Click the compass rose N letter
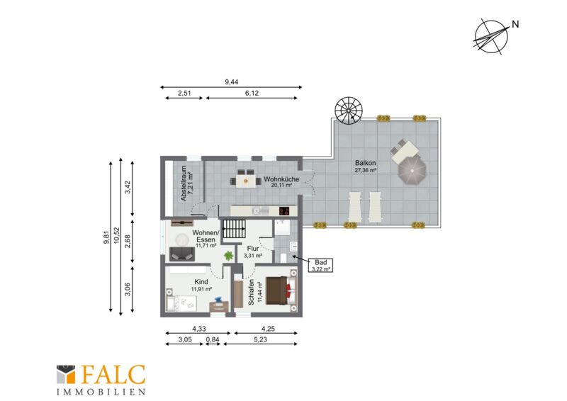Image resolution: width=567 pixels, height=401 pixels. pyautogui.click(x=515, y=24)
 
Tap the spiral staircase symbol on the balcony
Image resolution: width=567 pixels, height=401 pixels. pyautogui.click(x=349, y=111)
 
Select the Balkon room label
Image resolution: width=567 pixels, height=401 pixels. pyautogui.click(x=365, y=163)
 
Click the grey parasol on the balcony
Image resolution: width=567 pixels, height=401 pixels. pyautogui.click(x=412, y=169)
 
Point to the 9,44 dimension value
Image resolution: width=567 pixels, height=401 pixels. pyautogui.click(x=232, y=82)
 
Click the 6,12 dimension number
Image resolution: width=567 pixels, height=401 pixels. pyautogui.click(x=252, y=93)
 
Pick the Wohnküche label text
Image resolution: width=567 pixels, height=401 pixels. pyautogui.click(x=281, y=179)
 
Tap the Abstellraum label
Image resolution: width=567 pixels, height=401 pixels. pyautogui.click(x=184, y=183)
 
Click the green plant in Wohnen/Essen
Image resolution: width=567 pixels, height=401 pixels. pyautogui.click(x=228, y=256)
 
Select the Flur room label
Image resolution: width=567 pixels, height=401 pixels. pyautogui.click(x=253, y=249)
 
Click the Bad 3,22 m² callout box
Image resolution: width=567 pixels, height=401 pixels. pyautogui.click(x=320, y=266)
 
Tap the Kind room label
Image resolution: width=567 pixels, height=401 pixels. pyautogui.click(x=201, y=282)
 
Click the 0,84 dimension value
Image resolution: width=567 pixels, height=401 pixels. pyautogui.click(x=213, y=339)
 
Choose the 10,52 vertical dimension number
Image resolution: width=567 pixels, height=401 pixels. pyautogui.click(x=116, y=235)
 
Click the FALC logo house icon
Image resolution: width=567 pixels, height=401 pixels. pyautogui.click(x=66, y=375)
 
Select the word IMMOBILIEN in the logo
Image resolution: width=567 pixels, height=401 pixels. pyautogui.click(x=101, y=392)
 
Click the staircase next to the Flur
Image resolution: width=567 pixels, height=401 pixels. pyautogui.click(x=233, y=228)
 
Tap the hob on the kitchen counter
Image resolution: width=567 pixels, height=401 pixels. pyautogui.click(x=285, y=210)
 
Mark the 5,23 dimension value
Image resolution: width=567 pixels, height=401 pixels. pyautogui.click(x=260, y=339)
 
